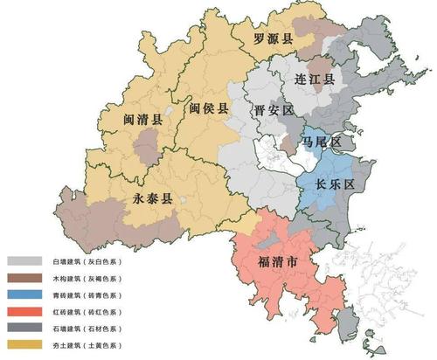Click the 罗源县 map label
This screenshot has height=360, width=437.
pyautogui.click(x=274, y=38)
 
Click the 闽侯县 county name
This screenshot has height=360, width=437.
pyautogui.click(x=208, y=109)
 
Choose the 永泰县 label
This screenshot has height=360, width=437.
pyautogui.click(x=153, y=197)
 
